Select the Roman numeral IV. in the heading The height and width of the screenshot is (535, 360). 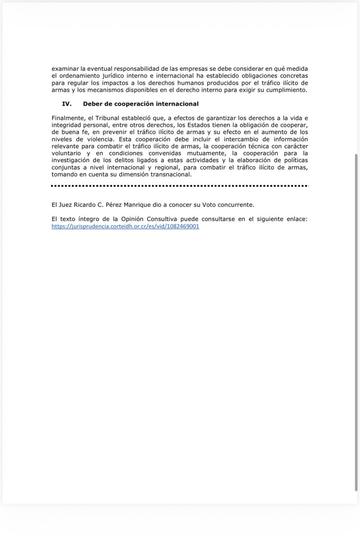(x=67, y=103)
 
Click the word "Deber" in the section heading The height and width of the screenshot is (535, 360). (x=92, y=103)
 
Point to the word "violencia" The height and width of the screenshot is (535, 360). (x=99, y=139)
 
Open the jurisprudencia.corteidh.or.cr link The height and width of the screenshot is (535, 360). (x=125, y=226)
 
